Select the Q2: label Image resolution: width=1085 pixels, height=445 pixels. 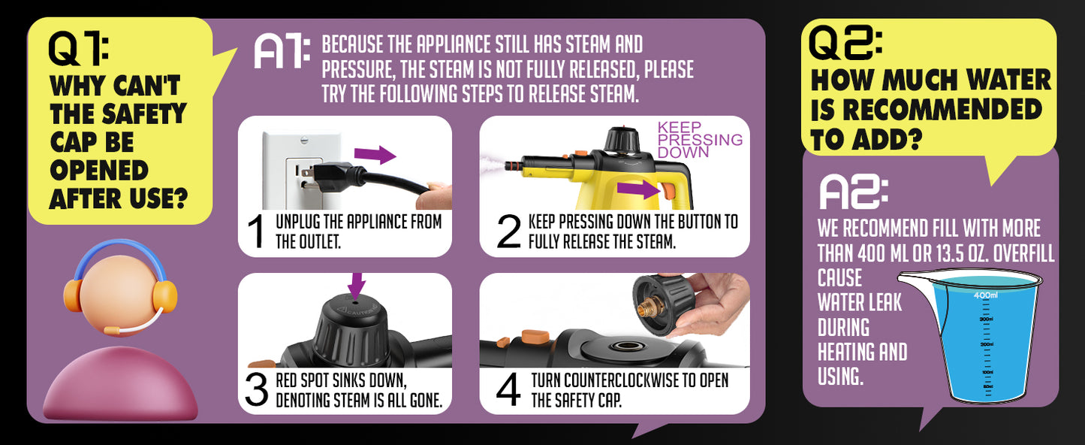click(x=845, y=43)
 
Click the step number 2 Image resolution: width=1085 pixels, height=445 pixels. click(x=508, y=232)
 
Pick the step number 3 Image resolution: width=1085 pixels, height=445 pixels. click(x=256, y=389)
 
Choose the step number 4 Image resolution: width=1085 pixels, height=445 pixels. click(x=508, y=389)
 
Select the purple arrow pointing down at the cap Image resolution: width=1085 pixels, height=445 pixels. click(x=356, y=285)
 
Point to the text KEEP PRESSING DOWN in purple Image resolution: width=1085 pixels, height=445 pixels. click(x=699, y=140)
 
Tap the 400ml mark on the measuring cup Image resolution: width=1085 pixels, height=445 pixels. click(x=984, y=295)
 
